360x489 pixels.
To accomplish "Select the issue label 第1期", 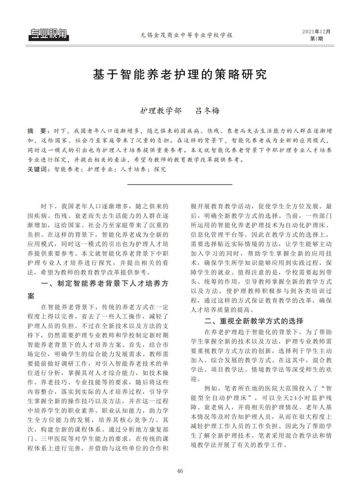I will (x=316, y=39).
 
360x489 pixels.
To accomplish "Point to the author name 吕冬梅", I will (x=208, y=111).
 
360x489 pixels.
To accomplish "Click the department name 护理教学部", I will (x=155, y=111).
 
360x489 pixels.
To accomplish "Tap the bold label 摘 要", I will (x=37, y=132).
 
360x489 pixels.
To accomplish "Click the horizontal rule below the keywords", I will (x=180, y=185).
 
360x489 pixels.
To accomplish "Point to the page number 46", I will (x=180, y=471).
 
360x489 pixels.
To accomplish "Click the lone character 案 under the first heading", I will (x=31, y=295).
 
